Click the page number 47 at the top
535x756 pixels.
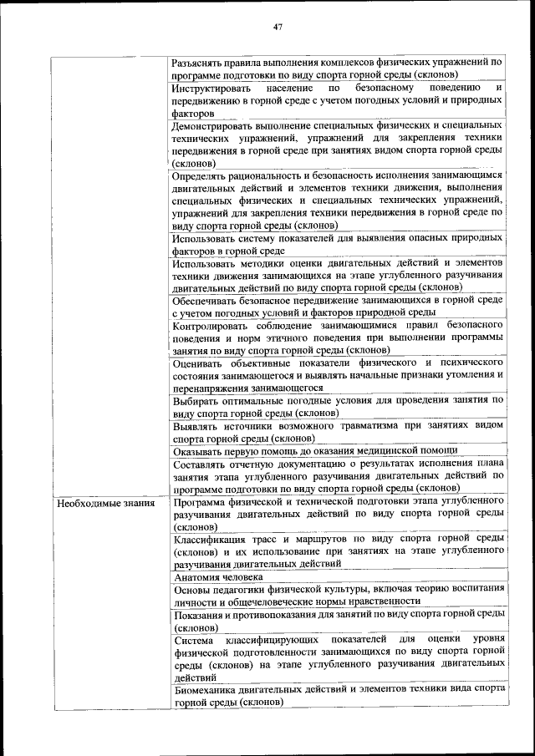pos(278,26)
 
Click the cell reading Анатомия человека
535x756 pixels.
pos(219,576)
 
